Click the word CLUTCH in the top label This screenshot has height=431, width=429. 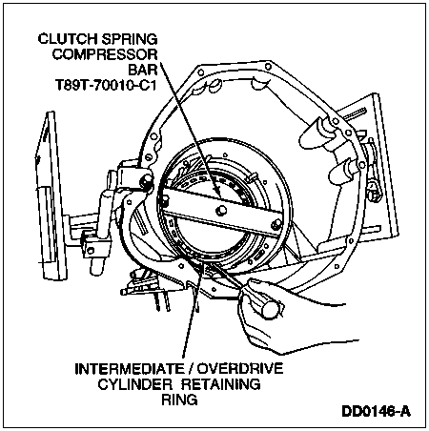coord(68,39)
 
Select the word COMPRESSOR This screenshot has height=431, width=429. coord(105,54)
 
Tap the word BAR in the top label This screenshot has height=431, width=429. coord(143,70)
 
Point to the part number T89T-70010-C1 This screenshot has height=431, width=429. coord(107,85)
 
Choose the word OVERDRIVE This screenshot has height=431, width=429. coord(240,369)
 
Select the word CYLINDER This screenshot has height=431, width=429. coord(135,384)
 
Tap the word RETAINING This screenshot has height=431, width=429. coord(221,384)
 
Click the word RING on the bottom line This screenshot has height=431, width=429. coord(179,400)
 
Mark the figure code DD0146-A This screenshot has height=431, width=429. coord(376,411)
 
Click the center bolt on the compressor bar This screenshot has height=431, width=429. coord(219,210)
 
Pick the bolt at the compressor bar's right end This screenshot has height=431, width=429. coord(276,225)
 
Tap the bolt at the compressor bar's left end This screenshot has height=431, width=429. coord(165,200)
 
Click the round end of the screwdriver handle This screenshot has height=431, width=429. coord(270,309)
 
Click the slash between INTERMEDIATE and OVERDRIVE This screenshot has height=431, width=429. coord(192,369)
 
